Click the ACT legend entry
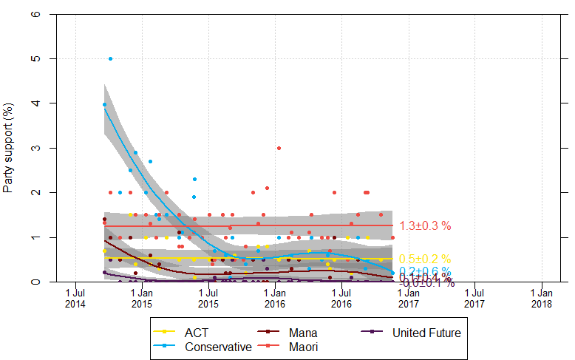(196, 333)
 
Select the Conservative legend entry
(217, 347)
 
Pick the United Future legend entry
(426, 333)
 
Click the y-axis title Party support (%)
(10, 148)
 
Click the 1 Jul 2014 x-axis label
(75, 298)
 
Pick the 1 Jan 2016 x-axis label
(275, 298)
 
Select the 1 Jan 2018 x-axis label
(542, 298)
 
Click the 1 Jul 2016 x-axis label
(341, 298)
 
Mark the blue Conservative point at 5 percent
(110, 58)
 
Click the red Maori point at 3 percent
(279, 148)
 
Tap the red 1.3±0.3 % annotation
(425, 225)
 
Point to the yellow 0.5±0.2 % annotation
(425, 259)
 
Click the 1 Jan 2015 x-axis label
(142, 298)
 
